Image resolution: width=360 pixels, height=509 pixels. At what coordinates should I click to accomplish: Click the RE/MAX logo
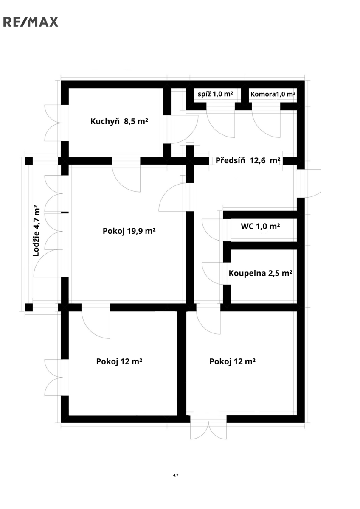tap(31, 22)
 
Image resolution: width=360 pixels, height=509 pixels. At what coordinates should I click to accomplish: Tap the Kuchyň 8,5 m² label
tap(119, 121)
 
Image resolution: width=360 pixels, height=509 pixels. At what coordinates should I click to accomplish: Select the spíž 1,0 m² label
tap(215, 94)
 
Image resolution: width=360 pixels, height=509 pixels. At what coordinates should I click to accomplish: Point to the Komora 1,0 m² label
tap(273, 94)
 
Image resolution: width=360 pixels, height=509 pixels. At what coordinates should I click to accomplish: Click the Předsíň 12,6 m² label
tap(247, 160)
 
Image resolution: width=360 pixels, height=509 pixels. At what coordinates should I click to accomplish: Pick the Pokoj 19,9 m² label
tap(129, 231)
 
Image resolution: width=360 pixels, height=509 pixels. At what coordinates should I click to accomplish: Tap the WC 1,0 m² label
tap(260, 227)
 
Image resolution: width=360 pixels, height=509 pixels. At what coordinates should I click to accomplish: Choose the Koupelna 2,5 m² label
tap(260, 273)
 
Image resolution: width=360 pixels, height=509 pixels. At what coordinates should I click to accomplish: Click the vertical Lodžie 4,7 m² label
tap(36, 230)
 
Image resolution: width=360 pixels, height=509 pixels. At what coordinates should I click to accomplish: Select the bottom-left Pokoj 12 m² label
tap(119, 361)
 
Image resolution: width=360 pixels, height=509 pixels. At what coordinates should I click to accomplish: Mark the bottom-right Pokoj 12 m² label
tap(232, 361)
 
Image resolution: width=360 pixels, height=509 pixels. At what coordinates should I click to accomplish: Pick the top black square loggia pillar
tap(28, 161)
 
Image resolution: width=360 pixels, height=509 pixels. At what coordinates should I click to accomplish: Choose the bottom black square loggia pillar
tap(28, 308)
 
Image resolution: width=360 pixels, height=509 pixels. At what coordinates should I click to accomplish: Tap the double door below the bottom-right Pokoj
tap(208, 430)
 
